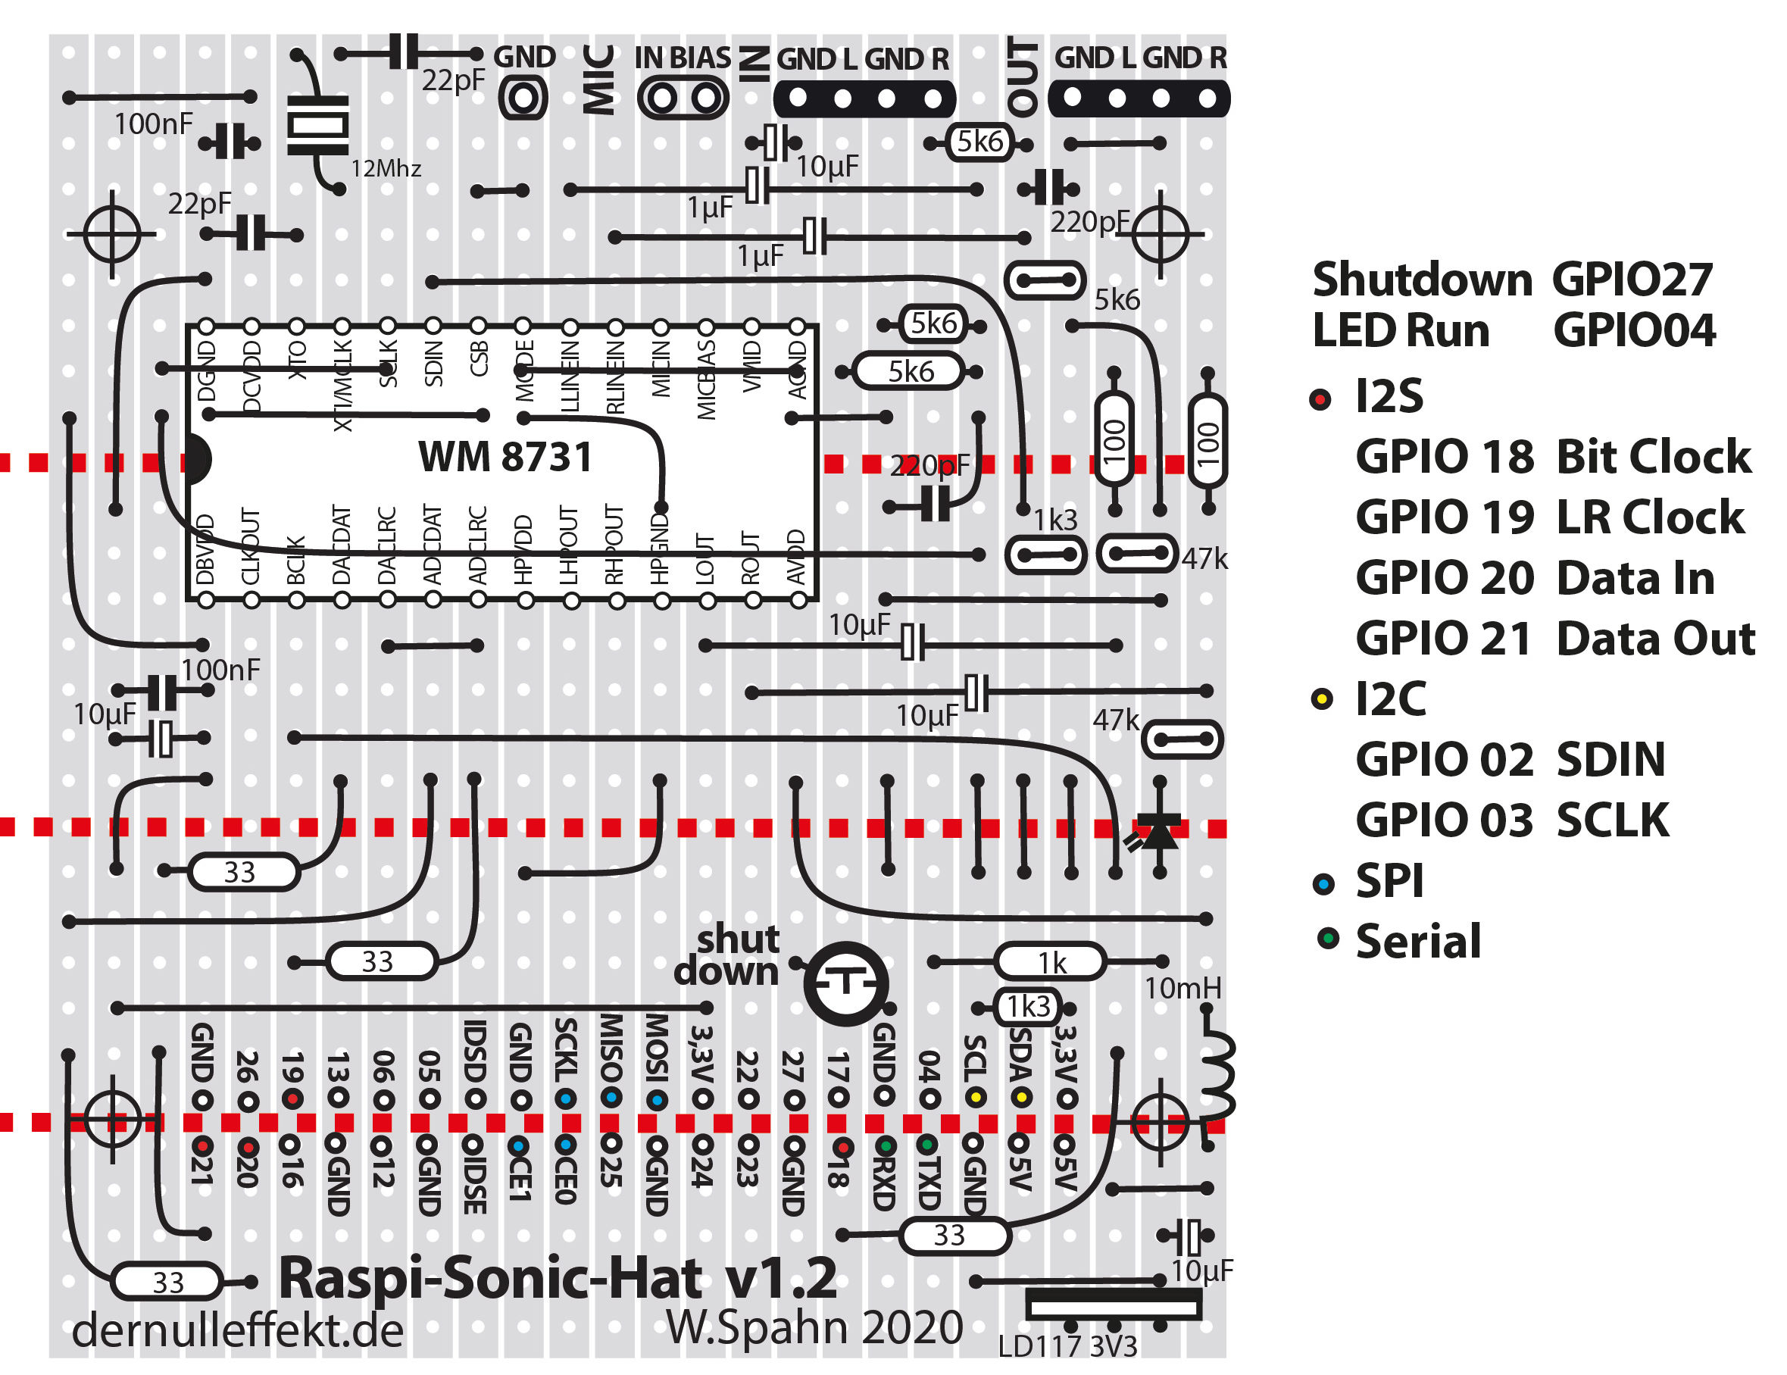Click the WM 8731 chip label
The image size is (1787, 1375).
(505, 457)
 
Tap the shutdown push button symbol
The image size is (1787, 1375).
(845, 983)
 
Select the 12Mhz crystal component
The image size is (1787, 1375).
(317, 124)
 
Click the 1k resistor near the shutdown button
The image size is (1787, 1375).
(1051, 962)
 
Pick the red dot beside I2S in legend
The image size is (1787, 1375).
(1320, 399)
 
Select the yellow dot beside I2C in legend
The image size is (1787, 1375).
(1321, 700)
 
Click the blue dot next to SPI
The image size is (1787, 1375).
(1323, 884)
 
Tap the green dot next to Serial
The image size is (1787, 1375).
(1328, 939)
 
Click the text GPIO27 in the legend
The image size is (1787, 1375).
(1632, 280)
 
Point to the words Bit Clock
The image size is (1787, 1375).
(1653, 457)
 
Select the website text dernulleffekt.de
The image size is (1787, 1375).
(237, 1331)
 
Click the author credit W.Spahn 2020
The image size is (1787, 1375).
(814, 1327)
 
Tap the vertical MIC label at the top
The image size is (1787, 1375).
(598, 80)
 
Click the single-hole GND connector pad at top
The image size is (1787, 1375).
(523, 98)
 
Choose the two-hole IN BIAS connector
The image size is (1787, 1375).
(683, 98)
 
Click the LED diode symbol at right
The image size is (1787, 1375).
(1158, 833)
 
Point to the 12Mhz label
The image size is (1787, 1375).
(386, 170)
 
